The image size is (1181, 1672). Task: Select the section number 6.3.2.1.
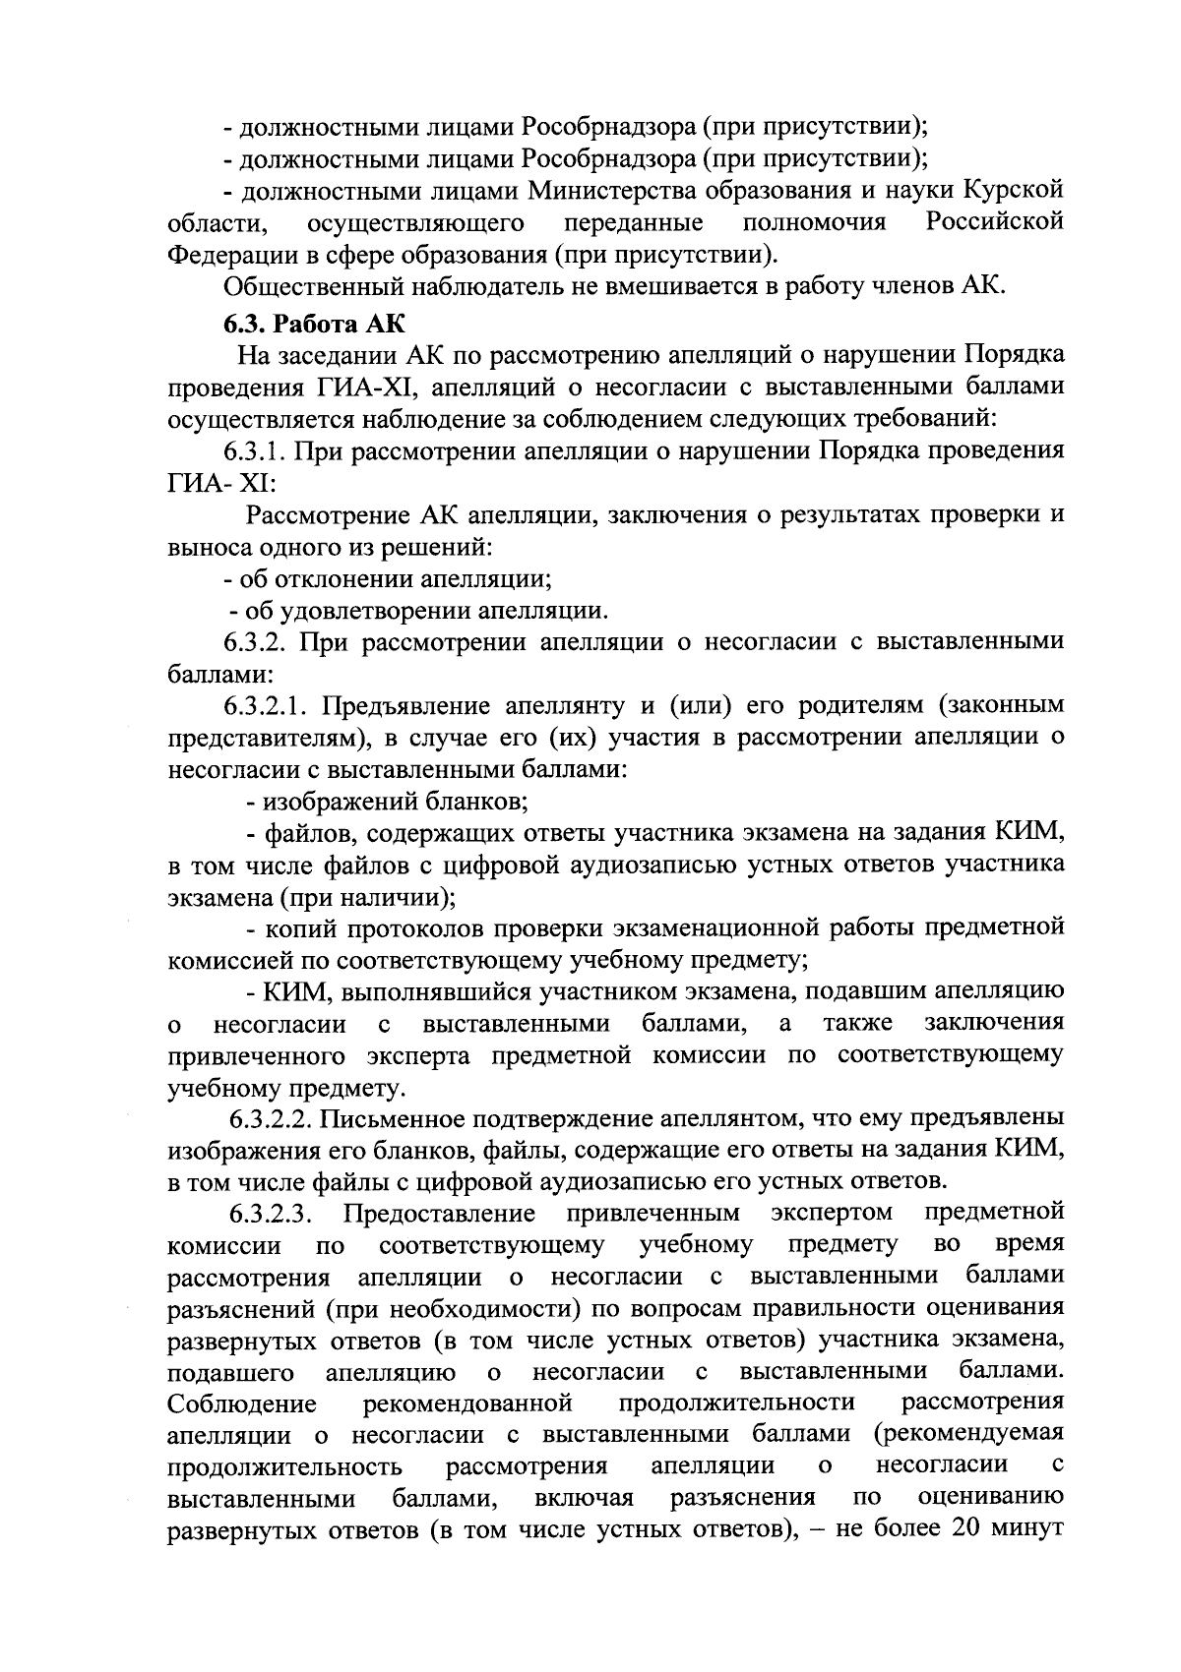click(x=267, y=705)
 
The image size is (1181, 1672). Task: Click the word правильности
click(x=839, y=1307)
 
